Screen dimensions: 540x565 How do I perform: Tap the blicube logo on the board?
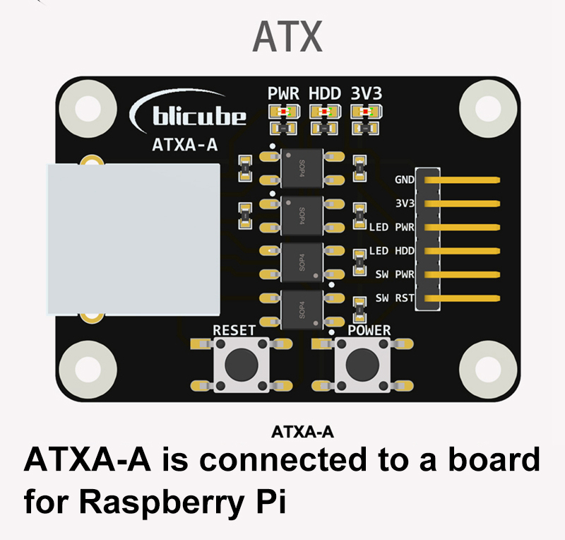point(189,114)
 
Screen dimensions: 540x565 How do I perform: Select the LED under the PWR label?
point(283,112)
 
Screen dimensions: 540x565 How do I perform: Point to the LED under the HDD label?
point(324,112)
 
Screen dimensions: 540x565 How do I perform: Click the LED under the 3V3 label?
point(365,112)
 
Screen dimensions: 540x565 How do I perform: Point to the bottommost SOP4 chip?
point(302,307)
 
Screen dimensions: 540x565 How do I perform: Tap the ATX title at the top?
point(287,37)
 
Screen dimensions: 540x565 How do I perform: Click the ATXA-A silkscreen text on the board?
point(184,146)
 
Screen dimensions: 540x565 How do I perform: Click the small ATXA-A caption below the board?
point(302,431)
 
